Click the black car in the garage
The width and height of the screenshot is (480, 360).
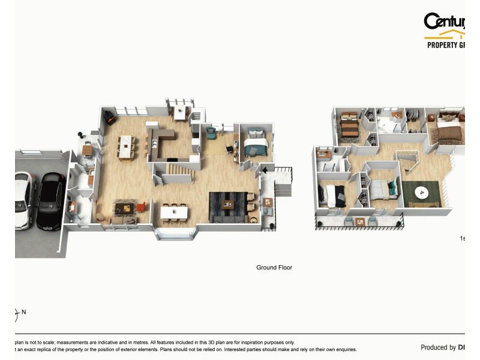50,201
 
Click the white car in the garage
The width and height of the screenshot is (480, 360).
23,201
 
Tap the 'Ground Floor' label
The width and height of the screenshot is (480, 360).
274,268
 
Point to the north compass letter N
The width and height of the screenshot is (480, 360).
24,312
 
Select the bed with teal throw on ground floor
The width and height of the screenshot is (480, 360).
256,146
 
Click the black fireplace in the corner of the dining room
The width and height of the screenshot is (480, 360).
110,119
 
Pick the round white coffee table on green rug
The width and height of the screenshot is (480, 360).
422,193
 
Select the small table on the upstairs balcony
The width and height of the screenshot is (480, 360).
359,221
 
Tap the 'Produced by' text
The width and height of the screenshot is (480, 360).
438,347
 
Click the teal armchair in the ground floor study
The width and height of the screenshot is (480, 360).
211,133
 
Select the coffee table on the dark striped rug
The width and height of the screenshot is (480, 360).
228,205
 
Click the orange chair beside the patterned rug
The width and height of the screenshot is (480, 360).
141,208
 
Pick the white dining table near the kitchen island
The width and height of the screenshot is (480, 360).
126,147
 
